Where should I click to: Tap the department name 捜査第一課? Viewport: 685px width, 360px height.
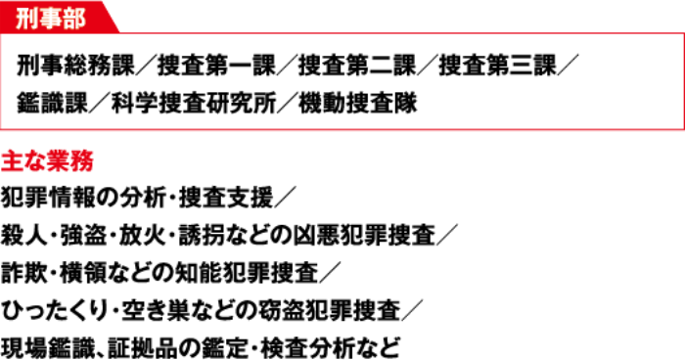coord(216,66)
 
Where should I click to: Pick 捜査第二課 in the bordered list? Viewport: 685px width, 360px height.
coord(357,66)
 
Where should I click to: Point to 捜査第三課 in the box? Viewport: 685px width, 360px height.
coord(498,66)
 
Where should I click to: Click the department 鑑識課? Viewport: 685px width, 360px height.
coord(53,104)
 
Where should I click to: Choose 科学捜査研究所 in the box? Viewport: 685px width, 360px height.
coord(194,104)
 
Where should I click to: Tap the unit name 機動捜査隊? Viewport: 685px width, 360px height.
coord(358,104)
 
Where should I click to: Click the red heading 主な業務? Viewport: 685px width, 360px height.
coord(47,161)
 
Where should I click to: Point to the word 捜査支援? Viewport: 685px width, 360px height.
coord(226,198)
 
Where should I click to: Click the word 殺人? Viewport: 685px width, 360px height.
coord(24,236)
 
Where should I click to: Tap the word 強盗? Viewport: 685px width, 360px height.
coord(84,236)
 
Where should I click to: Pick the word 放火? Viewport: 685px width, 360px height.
coord(143,236)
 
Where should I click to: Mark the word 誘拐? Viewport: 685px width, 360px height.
coord(203,236)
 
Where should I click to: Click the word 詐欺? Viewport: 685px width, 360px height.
coord(24,273)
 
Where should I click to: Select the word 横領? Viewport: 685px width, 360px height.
coord(84,273)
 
